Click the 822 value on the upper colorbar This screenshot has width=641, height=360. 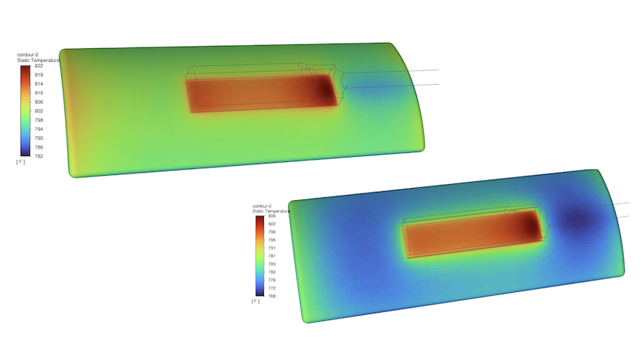(x=39, y=66)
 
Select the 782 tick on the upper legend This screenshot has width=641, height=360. (x=39, y=156)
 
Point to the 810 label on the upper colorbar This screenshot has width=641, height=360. (x=39, y=93)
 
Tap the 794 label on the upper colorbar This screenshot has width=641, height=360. (x=39, y=129)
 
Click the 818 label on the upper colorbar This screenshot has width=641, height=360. (x=39, y=75)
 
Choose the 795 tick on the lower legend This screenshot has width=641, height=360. (x=272, y=240)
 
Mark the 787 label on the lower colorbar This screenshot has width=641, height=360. (x=272, y=256)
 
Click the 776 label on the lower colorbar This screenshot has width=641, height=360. (x=272, y=280)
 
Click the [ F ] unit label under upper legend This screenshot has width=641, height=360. (x=21, y=162)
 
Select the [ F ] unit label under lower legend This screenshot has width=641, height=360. (x=255, y=301)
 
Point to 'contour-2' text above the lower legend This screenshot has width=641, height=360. (x=262, y=206)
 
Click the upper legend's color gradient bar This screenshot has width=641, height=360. (x=25, y=111)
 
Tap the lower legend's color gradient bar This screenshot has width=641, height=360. (x=259, y=256)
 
